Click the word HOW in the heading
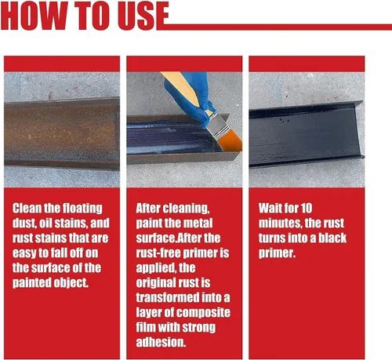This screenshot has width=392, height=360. pos(34,16)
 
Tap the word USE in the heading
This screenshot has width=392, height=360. pos(143,16)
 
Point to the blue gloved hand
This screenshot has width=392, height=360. pos(192,96)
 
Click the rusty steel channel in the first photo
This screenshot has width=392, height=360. pos(62,133)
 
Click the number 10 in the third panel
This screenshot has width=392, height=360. pos(307,209)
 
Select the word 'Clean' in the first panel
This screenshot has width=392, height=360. pos(27,209)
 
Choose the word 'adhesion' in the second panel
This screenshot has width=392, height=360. pos(161,342)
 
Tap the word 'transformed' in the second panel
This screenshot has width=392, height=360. pos(168,297)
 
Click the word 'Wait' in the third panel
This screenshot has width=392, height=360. pos(269,209)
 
